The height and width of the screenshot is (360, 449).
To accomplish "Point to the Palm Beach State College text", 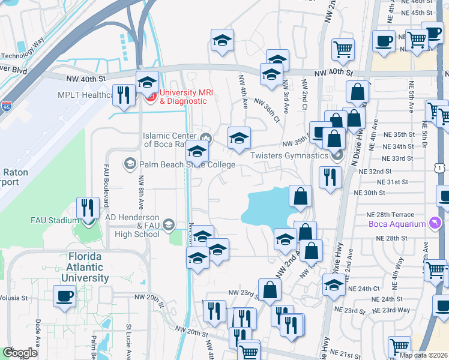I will click(x=174, y=164).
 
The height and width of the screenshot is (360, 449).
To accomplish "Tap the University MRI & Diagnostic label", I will click(x=186, y=97).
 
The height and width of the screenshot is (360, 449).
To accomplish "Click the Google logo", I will click(x=20, y=353).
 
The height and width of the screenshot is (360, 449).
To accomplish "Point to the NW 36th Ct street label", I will click(x=267, y=109).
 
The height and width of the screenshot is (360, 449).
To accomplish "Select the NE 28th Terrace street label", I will click(x=390, y=215).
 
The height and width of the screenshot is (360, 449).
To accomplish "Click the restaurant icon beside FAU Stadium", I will click(x=88, y=208).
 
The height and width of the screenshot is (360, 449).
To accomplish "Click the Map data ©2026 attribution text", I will click(x=423, y=355).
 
